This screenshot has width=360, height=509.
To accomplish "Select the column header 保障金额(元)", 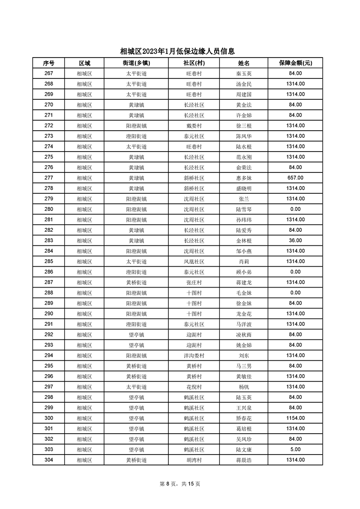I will click(x=295, y=63).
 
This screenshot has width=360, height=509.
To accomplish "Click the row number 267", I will click(x=49, y=73).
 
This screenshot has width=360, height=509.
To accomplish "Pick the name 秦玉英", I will click(x=244, y=73).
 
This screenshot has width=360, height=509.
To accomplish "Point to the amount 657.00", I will click(x=295, y=178).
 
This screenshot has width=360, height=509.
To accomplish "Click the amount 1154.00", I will click(x=295, y=418).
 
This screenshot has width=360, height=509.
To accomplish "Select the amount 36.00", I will click(x=295, y=240).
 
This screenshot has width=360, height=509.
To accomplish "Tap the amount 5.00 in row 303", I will click(x=295, y=450).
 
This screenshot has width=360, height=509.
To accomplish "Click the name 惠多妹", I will click(x=244, y=178).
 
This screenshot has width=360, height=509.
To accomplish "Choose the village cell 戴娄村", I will click(x=194, y=126).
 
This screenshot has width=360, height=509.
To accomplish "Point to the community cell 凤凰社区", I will click(x=194, y=262).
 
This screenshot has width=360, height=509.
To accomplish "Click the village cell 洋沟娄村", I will click(x=194, y=356).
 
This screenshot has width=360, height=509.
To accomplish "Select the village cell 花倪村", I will click(x=194, y=387).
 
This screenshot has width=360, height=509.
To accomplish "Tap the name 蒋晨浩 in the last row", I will click(x=244, y=460).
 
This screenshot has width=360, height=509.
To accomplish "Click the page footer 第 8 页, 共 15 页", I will click(x=180, y=484).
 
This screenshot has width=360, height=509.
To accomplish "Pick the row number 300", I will click(x=49, y=418).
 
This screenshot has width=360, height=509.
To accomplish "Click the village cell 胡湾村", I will click(x=194, y=460).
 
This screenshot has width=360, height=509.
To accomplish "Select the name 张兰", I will click(x=244, y=199).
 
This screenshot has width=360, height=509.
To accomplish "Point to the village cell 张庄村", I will click(x=194, y=283).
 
